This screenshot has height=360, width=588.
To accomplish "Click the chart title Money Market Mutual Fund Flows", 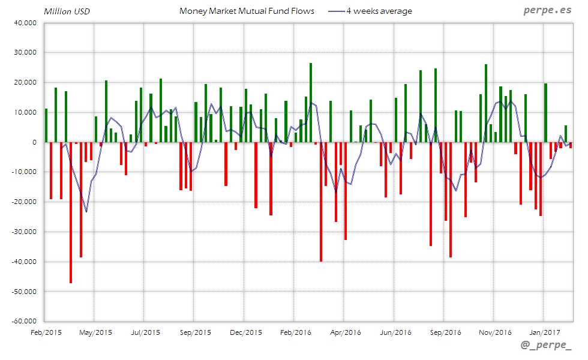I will pyautogui.click(x=247, y=11).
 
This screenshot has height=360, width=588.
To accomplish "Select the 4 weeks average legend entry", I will pyautogui.click(x=379, y=11).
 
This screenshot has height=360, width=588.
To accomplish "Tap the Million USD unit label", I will pyautogui.click(x=67, y=11).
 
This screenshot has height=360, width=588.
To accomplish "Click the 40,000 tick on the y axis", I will pyautogui.click(x=25, y=23).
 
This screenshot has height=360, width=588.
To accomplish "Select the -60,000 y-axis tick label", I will pyautogui.click(x=23, y=321).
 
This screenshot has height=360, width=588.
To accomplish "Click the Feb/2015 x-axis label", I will pyautogui.click(x=46, y=332).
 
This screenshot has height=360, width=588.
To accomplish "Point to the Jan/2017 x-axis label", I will pyautogui.click(x=544, y=332).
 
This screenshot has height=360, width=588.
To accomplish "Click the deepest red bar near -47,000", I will pyautogui.click(x=71, y=212).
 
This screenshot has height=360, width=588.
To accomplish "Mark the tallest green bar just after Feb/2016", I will pyautogui.click(x=311, y=103).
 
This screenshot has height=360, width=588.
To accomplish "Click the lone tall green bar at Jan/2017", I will pyautogui.click(x=545, y=113).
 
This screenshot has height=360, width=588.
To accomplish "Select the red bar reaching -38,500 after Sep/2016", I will pyautogui.click(x=451, y=199).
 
